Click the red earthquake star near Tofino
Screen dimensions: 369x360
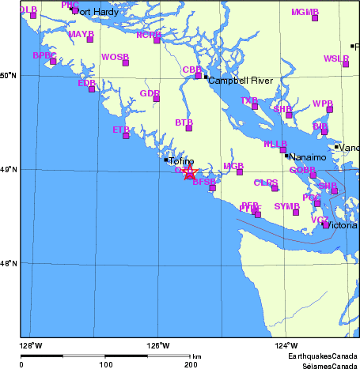(188, 172)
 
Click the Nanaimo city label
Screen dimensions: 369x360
(308, 157)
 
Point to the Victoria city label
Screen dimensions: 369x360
(342, 225)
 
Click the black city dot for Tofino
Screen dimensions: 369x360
(165, 160)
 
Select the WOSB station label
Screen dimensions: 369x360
(115, 57)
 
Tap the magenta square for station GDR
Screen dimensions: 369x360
(156, 99)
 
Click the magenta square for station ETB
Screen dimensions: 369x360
(126, 136)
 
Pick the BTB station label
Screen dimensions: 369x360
(184, 122)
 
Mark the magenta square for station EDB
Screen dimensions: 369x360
(92, 88)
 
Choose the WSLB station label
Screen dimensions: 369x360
(335, 58)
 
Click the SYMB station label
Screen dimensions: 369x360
(286, 206)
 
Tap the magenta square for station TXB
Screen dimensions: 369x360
(255, 106)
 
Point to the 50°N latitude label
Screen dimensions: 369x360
(8, 75)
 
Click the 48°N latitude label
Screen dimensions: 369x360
(8, 263)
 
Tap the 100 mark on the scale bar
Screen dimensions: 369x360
(105, 365)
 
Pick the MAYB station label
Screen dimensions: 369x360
(81, 35)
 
